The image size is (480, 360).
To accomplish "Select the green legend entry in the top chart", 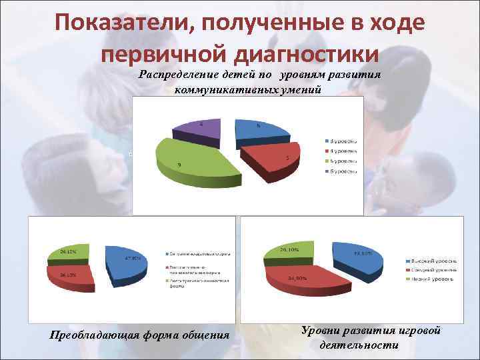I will tap(343, 161).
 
